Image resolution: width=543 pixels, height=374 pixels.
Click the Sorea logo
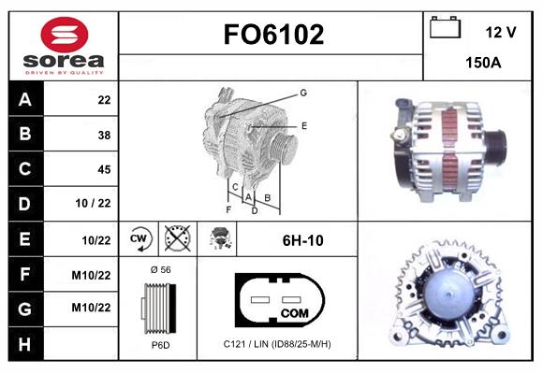(63, 46)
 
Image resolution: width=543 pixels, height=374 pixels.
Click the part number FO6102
(272, 35)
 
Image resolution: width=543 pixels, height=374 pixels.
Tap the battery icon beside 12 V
(446, 29)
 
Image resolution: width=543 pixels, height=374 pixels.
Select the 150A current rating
(484, 64)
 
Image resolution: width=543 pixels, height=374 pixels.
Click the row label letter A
(24, 100)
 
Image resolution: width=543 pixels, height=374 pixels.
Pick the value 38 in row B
(104, 135)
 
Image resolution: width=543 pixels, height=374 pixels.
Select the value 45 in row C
(104, 169)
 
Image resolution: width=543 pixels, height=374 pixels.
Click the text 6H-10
(302, 240)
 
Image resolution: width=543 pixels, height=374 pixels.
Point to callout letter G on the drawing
(303, 93)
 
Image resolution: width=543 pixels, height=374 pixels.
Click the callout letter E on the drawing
(303, 125)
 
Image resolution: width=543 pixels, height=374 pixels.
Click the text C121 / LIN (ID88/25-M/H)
(277, 344)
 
